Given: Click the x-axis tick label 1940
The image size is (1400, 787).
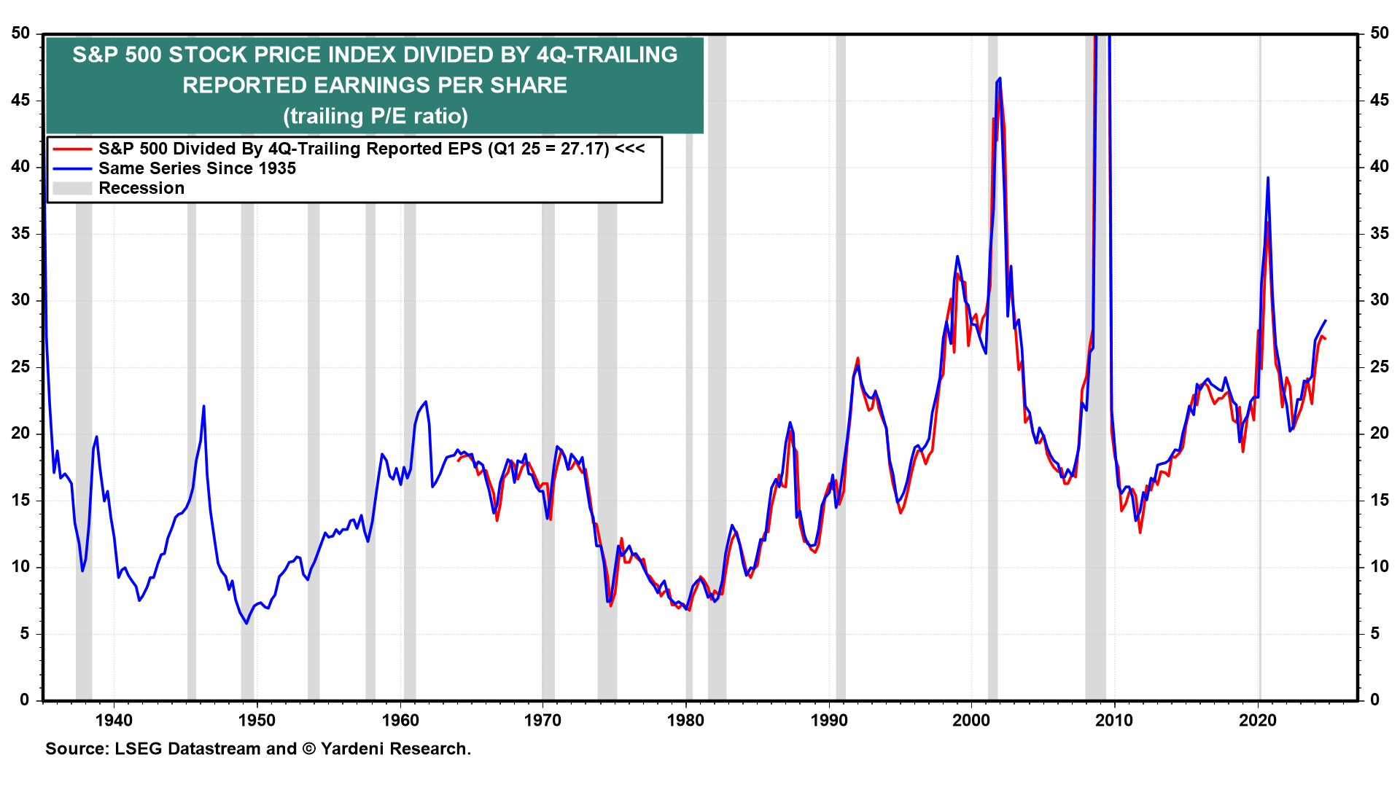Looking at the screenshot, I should coord(114,721).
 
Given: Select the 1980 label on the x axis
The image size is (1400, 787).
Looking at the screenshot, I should coord(686,721).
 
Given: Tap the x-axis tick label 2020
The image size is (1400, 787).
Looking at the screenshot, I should coord(1259,721).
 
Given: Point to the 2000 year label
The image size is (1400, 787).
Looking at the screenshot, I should coord(972,721).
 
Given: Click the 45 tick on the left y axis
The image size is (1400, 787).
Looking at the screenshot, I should coord(20,100).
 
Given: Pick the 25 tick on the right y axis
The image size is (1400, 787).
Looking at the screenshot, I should coord(1379,367).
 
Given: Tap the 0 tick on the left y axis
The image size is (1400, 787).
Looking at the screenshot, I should coord(25,700).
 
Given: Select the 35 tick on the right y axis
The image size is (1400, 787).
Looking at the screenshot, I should coord(1379,233).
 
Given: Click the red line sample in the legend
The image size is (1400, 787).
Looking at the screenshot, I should coord(72,149).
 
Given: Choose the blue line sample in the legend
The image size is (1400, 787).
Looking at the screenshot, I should coord(72,168).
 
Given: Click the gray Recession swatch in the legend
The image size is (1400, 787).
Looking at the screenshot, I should coord(72,188).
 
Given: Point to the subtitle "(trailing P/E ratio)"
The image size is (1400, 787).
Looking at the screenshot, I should coord(375,116).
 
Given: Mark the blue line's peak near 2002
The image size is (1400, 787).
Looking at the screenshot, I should coord(1000,78).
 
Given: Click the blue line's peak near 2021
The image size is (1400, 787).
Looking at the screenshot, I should coord(1268,177).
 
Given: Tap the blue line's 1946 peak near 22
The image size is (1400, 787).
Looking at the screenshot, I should coord(203,406).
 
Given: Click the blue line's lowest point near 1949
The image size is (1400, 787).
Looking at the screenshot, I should coord(246,623).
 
